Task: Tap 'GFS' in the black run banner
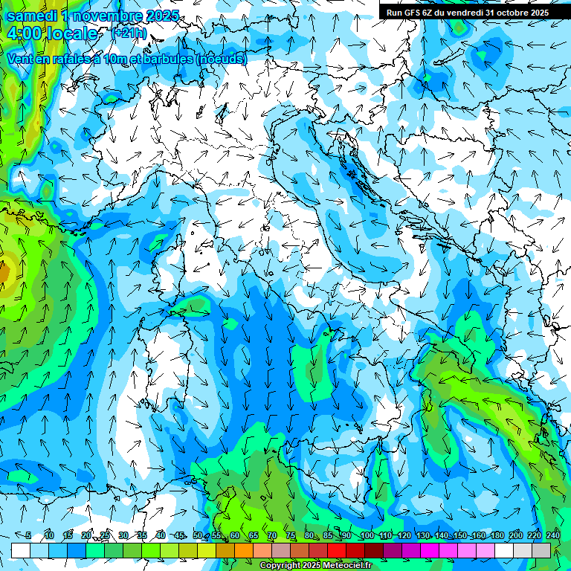coord(413,12)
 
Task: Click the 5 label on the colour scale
coord(28,536)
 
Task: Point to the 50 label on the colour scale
coord(198,536)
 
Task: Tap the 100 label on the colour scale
coord(366,536)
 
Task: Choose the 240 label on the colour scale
coord(553,536)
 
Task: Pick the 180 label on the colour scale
coord(497,536)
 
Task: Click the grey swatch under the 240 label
coord(542,550)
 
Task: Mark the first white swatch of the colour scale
coord(21,550)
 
